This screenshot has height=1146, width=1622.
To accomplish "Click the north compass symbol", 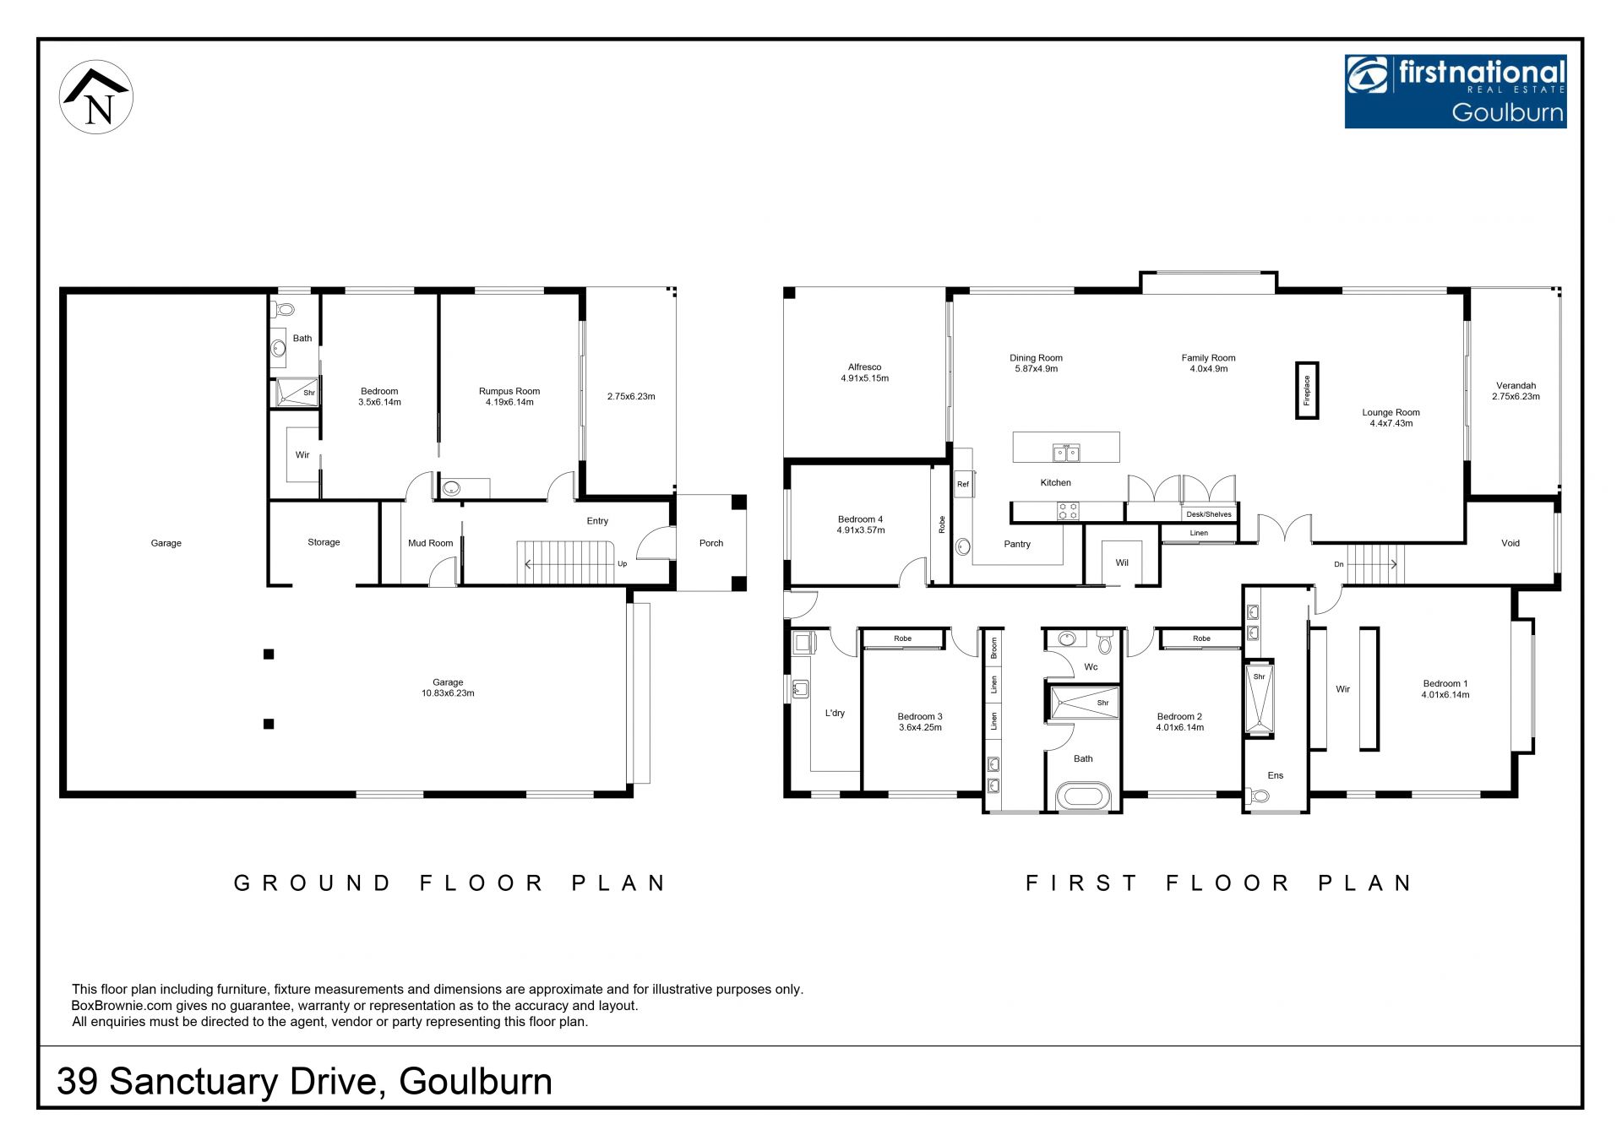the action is click(96, 97).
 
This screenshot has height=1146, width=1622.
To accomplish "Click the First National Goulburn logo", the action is click(1456, 91).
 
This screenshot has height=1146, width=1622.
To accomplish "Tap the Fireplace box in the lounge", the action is click(1307, 390).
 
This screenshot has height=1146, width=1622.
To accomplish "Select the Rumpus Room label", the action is click(509, 391).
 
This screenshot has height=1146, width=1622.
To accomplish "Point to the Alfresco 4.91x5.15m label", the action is click(864, 372).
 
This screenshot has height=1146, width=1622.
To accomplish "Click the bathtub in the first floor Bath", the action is click(1084, 796).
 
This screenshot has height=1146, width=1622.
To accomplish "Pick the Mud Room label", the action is click(431, 543).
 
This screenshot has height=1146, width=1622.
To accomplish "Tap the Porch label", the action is click(711, 543).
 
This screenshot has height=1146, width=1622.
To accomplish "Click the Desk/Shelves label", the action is click(1209, 514).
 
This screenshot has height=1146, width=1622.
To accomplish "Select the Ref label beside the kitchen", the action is click(963, 485).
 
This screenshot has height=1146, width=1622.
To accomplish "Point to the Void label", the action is click(1510, 543).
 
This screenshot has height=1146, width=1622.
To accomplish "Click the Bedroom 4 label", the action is click(861, 519).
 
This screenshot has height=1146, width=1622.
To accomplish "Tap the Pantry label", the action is click(1017, 544).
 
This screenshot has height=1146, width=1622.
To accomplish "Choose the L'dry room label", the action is click(835, 713).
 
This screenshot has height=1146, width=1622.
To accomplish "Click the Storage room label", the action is click(324, 542).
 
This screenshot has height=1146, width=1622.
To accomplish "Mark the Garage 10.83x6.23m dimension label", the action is click(448, 687).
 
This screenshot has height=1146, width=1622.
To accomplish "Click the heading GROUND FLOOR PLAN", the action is click(450, 883).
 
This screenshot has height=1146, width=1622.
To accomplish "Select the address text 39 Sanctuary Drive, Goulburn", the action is click(304, 1082).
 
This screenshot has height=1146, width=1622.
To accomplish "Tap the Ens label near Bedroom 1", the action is click(1276, 775).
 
